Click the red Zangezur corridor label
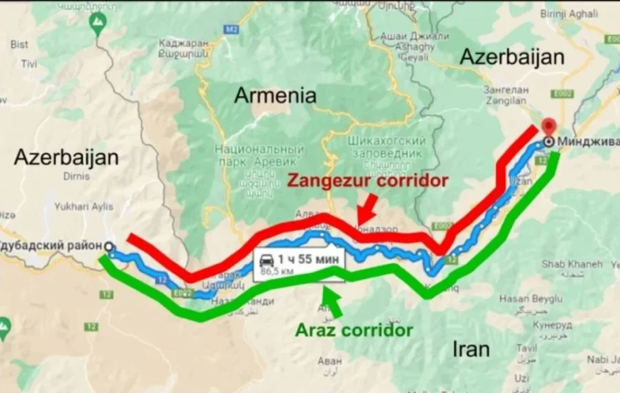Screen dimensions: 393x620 (x=367, y=181)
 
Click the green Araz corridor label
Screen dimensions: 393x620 (x=353, y=330)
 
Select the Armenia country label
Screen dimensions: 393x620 (x=275, y=95)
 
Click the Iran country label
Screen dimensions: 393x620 (x=471, y=348)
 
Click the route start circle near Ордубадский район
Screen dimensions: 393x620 (x=110, y=246)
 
